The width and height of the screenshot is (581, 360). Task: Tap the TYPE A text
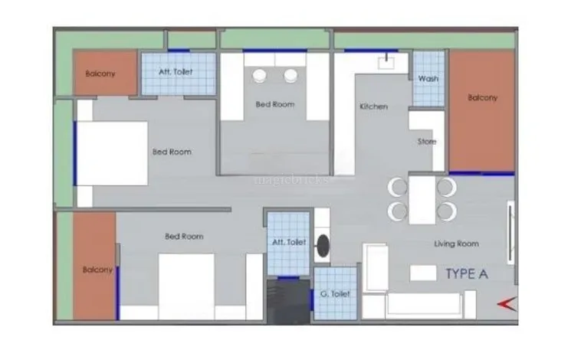(467, 273)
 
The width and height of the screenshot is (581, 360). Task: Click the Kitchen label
(373, 106)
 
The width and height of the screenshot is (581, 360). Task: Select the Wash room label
(428, 79)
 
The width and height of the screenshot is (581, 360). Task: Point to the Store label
(426, 142)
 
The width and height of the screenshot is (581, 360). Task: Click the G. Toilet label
(335, 293)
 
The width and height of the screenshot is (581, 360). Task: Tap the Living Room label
(456, 244)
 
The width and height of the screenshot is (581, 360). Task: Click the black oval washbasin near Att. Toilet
(323, 246)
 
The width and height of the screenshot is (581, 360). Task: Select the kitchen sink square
(386, 63)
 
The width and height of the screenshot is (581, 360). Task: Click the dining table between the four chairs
(422, 200)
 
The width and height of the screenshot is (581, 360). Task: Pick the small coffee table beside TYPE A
(423, 273)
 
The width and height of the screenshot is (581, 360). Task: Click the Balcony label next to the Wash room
(482, 98)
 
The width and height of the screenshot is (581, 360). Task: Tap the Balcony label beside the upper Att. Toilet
(100, 74)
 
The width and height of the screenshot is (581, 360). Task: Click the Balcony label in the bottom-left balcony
(97, 270)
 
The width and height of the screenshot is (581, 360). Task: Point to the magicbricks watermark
(291, 180)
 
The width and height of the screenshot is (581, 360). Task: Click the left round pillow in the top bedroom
(259, 76)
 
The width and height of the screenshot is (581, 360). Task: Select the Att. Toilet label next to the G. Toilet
(289, 242)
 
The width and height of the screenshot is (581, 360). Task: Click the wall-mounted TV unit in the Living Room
(510, 233)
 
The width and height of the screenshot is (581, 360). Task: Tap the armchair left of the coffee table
(376, 267)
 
